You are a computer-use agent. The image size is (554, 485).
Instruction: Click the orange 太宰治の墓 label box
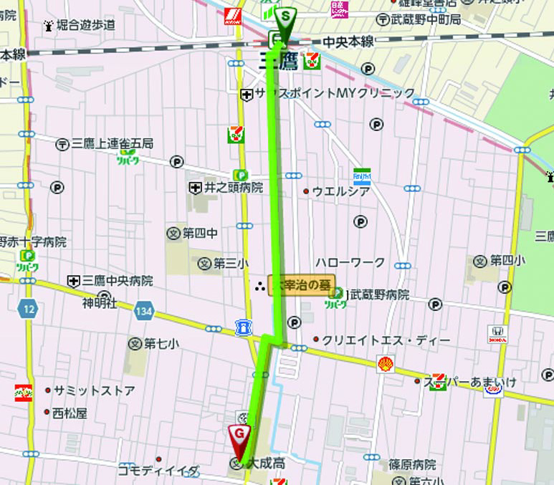[300, 285]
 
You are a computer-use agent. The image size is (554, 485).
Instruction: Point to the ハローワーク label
[350, 262]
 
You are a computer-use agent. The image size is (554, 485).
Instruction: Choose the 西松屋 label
[70, 413]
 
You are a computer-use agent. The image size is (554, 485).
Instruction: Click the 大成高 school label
[267, 464]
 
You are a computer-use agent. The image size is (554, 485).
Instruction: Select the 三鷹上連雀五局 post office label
[112, 144]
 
